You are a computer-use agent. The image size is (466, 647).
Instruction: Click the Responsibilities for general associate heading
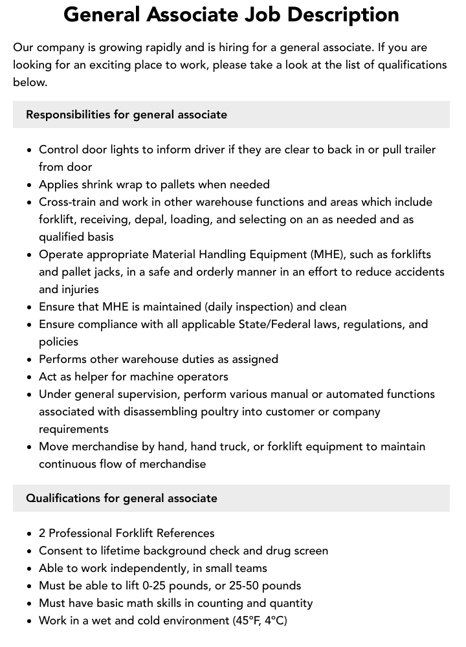tap(126, 115)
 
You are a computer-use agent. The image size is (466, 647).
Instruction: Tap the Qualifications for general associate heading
tap(122, 498)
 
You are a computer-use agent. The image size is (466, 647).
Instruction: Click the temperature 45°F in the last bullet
tap(247, 620)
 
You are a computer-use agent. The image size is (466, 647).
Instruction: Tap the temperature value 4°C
tap(274, 620)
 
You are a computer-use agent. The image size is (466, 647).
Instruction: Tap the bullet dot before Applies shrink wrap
tap(30, 185)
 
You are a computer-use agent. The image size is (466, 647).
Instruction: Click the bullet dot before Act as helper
tap(30, 377)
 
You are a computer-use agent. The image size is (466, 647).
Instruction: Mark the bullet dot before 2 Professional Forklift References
tap(30, 534)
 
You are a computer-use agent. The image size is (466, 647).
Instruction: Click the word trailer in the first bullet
tap(416, 149)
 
